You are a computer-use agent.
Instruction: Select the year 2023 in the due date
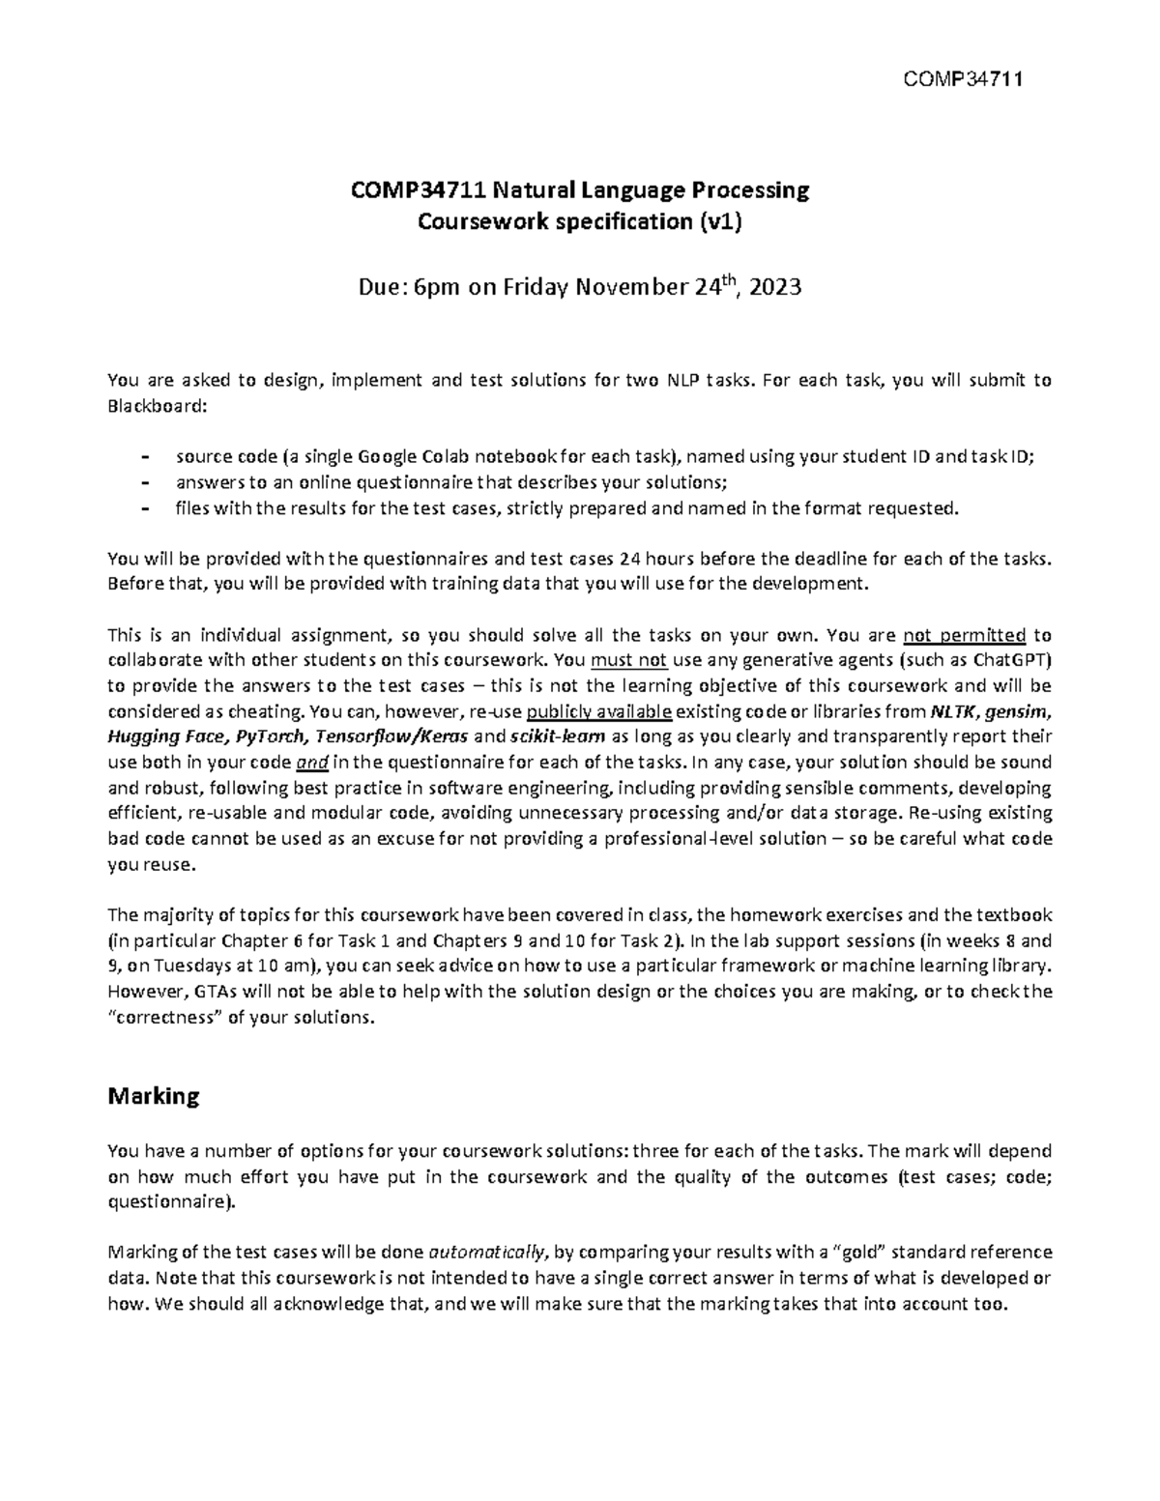click(774, 287)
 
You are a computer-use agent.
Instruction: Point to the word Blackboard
click(154, 405)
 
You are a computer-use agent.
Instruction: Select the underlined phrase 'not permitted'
click(963, 635)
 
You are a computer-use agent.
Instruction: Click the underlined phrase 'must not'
click(623, 661)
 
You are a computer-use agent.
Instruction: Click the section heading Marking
click(154, 1096)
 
